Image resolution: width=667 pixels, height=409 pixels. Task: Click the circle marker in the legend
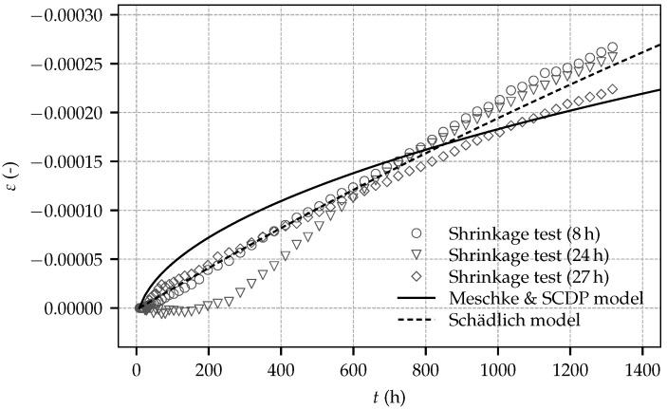point(416,233)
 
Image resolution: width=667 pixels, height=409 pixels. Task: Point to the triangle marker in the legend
point(416,255)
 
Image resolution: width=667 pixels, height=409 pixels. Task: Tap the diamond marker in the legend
point(416,276)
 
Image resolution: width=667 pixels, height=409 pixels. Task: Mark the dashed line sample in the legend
point(416,320)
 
